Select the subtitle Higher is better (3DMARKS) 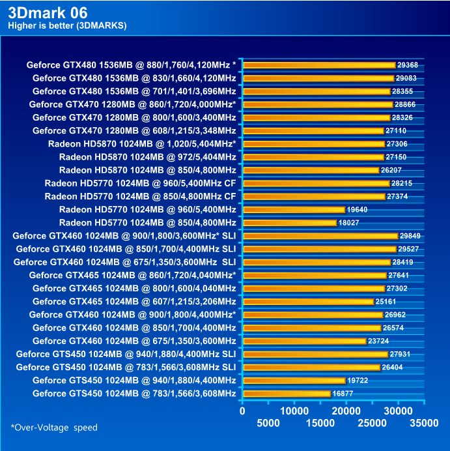coord(67,25)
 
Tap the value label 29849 coord(412,236)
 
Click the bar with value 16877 coord(287,394)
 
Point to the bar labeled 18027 coord(289,223)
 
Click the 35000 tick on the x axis coord(424,423)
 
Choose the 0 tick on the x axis coord(242,411)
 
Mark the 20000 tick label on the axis coord(346,411)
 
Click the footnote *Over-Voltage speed coord(54,428)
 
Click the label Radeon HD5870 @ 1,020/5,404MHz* coord(142,144)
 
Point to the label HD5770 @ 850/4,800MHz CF coord(140,196)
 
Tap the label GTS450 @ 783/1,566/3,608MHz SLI coord(126,367)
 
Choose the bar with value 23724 coord(304,341)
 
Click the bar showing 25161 coord(308,302)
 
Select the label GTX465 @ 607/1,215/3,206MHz coord(134,302)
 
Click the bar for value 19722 coord(294,381)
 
